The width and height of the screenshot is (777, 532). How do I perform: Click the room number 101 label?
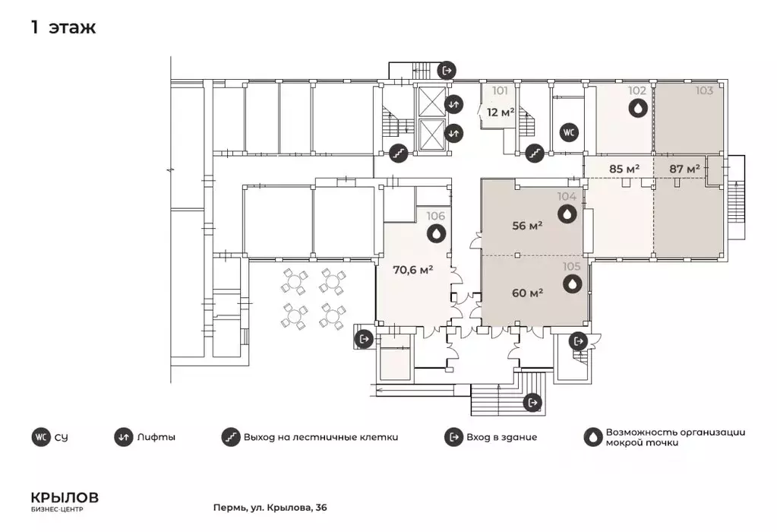pyautogui.click(x=500, y=90)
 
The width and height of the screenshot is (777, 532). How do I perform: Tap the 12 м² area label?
pyautogui.click(x=501, y=112)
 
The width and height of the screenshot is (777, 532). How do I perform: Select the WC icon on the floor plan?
pyautogui.click(x=569, y=132)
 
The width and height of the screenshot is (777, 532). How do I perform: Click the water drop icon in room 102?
pyautogui.click(x=638, y=108)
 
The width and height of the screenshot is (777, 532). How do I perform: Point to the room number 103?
pyautogui.click(x=704, y=90)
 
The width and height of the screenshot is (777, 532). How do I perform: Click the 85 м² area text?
pyautogui.click(x=624, y=169)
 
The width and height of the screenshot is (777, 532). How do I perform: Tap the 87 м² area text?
pyautogui.click(x=685, y=169)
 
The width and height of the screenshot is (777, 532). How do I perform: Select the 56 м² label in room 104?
pyautogui.click(x=527, y=226)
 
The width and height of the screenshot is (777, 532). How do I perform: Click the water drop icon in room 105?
pyautogui.click(x=573, y=284)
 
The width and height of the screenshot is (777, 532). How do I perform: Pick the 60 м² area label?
pyautogui.click(x=527, y=293)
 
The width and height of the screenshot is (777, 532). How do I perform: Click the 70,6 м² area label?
pyautogui.click(x=413, y=271)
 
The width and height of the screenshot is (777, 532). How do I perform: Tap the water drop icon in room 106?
pyautogui.click(x=435, y=233)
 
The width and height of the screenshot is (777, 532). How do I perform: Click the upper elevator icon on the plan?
pyautogui.click(x=453, y=105)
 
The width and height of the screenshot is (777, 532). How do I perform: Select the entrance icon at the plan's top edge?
pyautogui.click(x=447, y=71)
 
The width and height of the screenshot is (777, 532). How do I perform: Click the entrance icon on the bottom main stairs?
pyautogui.click(x=532, y=402)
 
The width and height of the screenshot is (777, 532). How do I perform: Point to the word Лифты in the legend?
pyautogui.click(x=156, y=437)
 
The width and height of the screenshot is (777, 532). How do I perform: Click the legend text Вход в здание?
pyautogui.click(x=501, y=437)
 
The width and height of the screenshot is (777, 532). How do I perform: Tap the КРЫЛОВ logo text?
pyautogui.click(x=65, y=497)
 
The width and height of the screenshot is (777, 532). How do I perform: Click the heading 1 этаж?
pyautogui.click(x=64, y=27)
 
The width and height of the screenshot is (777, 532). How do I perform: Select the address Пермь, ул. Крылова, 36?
pyautogui.click(x=270, y=508)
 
